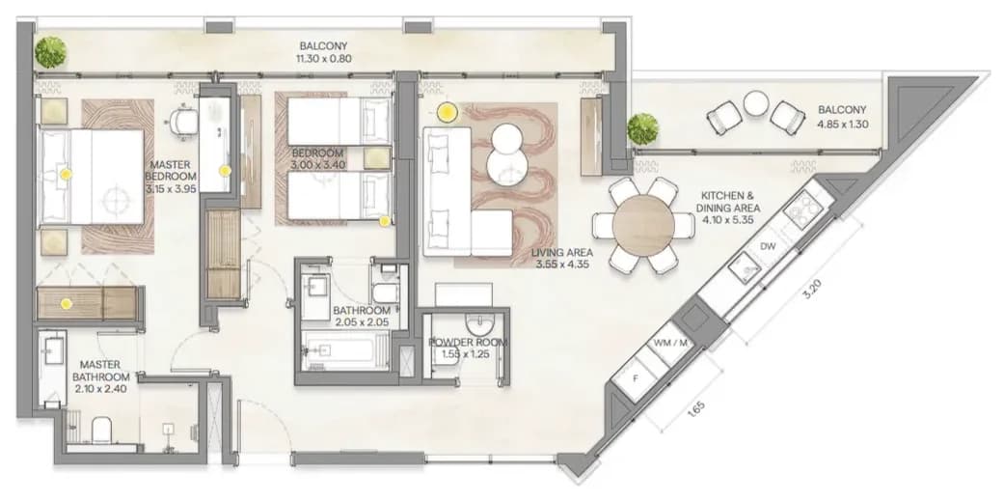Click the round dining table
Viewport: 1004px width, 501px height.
pos(643,225)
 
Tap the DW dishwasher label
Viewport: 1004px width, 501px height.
pos(768,247)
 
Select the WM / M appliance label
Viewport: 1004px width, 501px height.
pos(669,343)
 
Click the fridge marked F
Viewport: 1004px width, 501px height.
pos(636,378)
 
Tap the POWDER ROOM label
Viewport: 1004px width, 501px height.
pos(468,343)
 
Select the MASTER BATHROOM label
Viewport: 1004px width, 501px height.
pos(101,371)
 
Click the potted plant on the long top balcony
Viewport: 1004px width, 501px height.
pos(50,52)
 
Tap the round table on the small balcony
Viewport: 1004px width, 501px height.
pos(755,103)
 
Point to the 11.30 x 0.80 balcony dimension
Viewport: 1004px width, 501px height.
pos(323,58)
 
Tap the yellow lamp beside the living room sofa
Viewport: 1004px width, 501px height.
pos(447,113)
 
